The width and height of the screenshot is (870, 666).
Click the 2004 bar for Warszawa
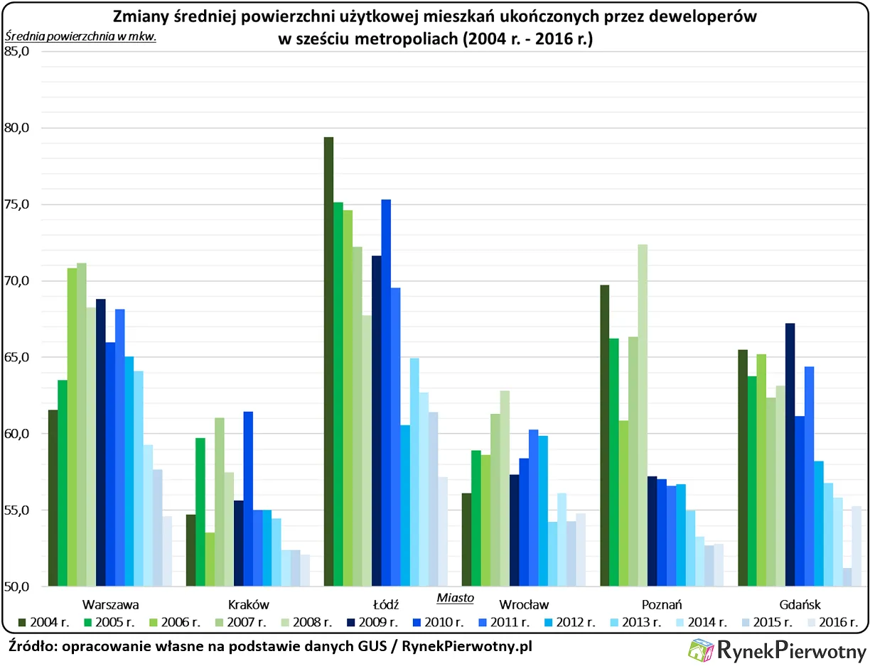coord(53,498)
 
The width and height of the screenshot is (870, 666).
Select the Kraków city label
coord(249,605)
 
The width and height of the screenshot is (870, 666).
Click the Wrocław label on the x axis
coord(525,605)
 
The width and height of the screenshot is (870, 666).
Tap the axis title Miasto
coord(455,597)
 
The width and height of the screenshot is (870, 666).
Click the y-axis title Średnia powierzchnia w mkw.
coord(80,36)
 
